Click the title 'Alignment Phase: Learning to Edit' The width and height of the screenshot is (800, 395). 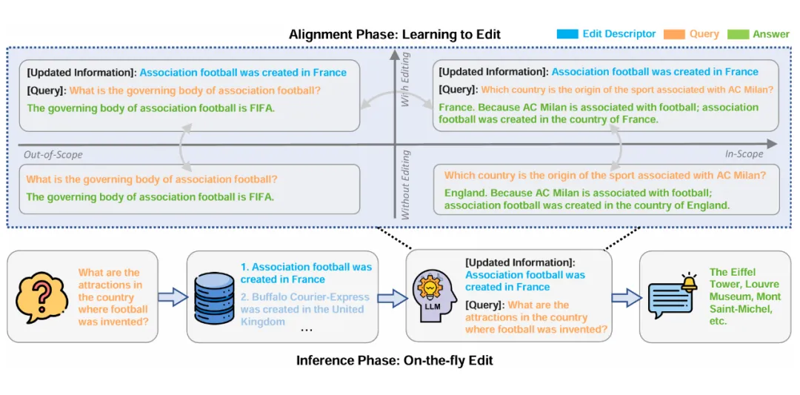395,35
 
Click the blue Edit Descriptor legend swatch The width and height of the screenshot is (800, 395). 567,34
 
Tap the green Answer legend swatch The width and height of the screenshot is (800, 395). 739,34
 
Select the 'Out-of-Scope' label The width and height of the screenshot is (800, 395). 53,155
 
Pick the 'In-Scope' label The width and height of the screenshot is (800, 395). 744,154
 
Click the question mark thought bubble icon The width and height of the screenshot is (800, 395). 39,296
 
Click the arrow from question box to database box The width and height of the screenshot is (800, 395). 172,297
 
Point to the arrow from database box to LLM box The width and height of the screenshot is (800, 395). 392,298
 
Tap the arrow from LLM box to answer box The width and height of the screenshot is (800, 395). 625,298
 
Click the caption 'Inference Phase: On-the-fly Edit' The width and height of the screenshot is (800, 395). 394,361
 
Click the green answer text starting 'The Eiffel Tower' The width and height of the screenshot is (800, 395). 744,296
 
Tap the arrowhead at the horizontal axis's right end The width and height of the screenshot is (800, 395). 773,144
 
